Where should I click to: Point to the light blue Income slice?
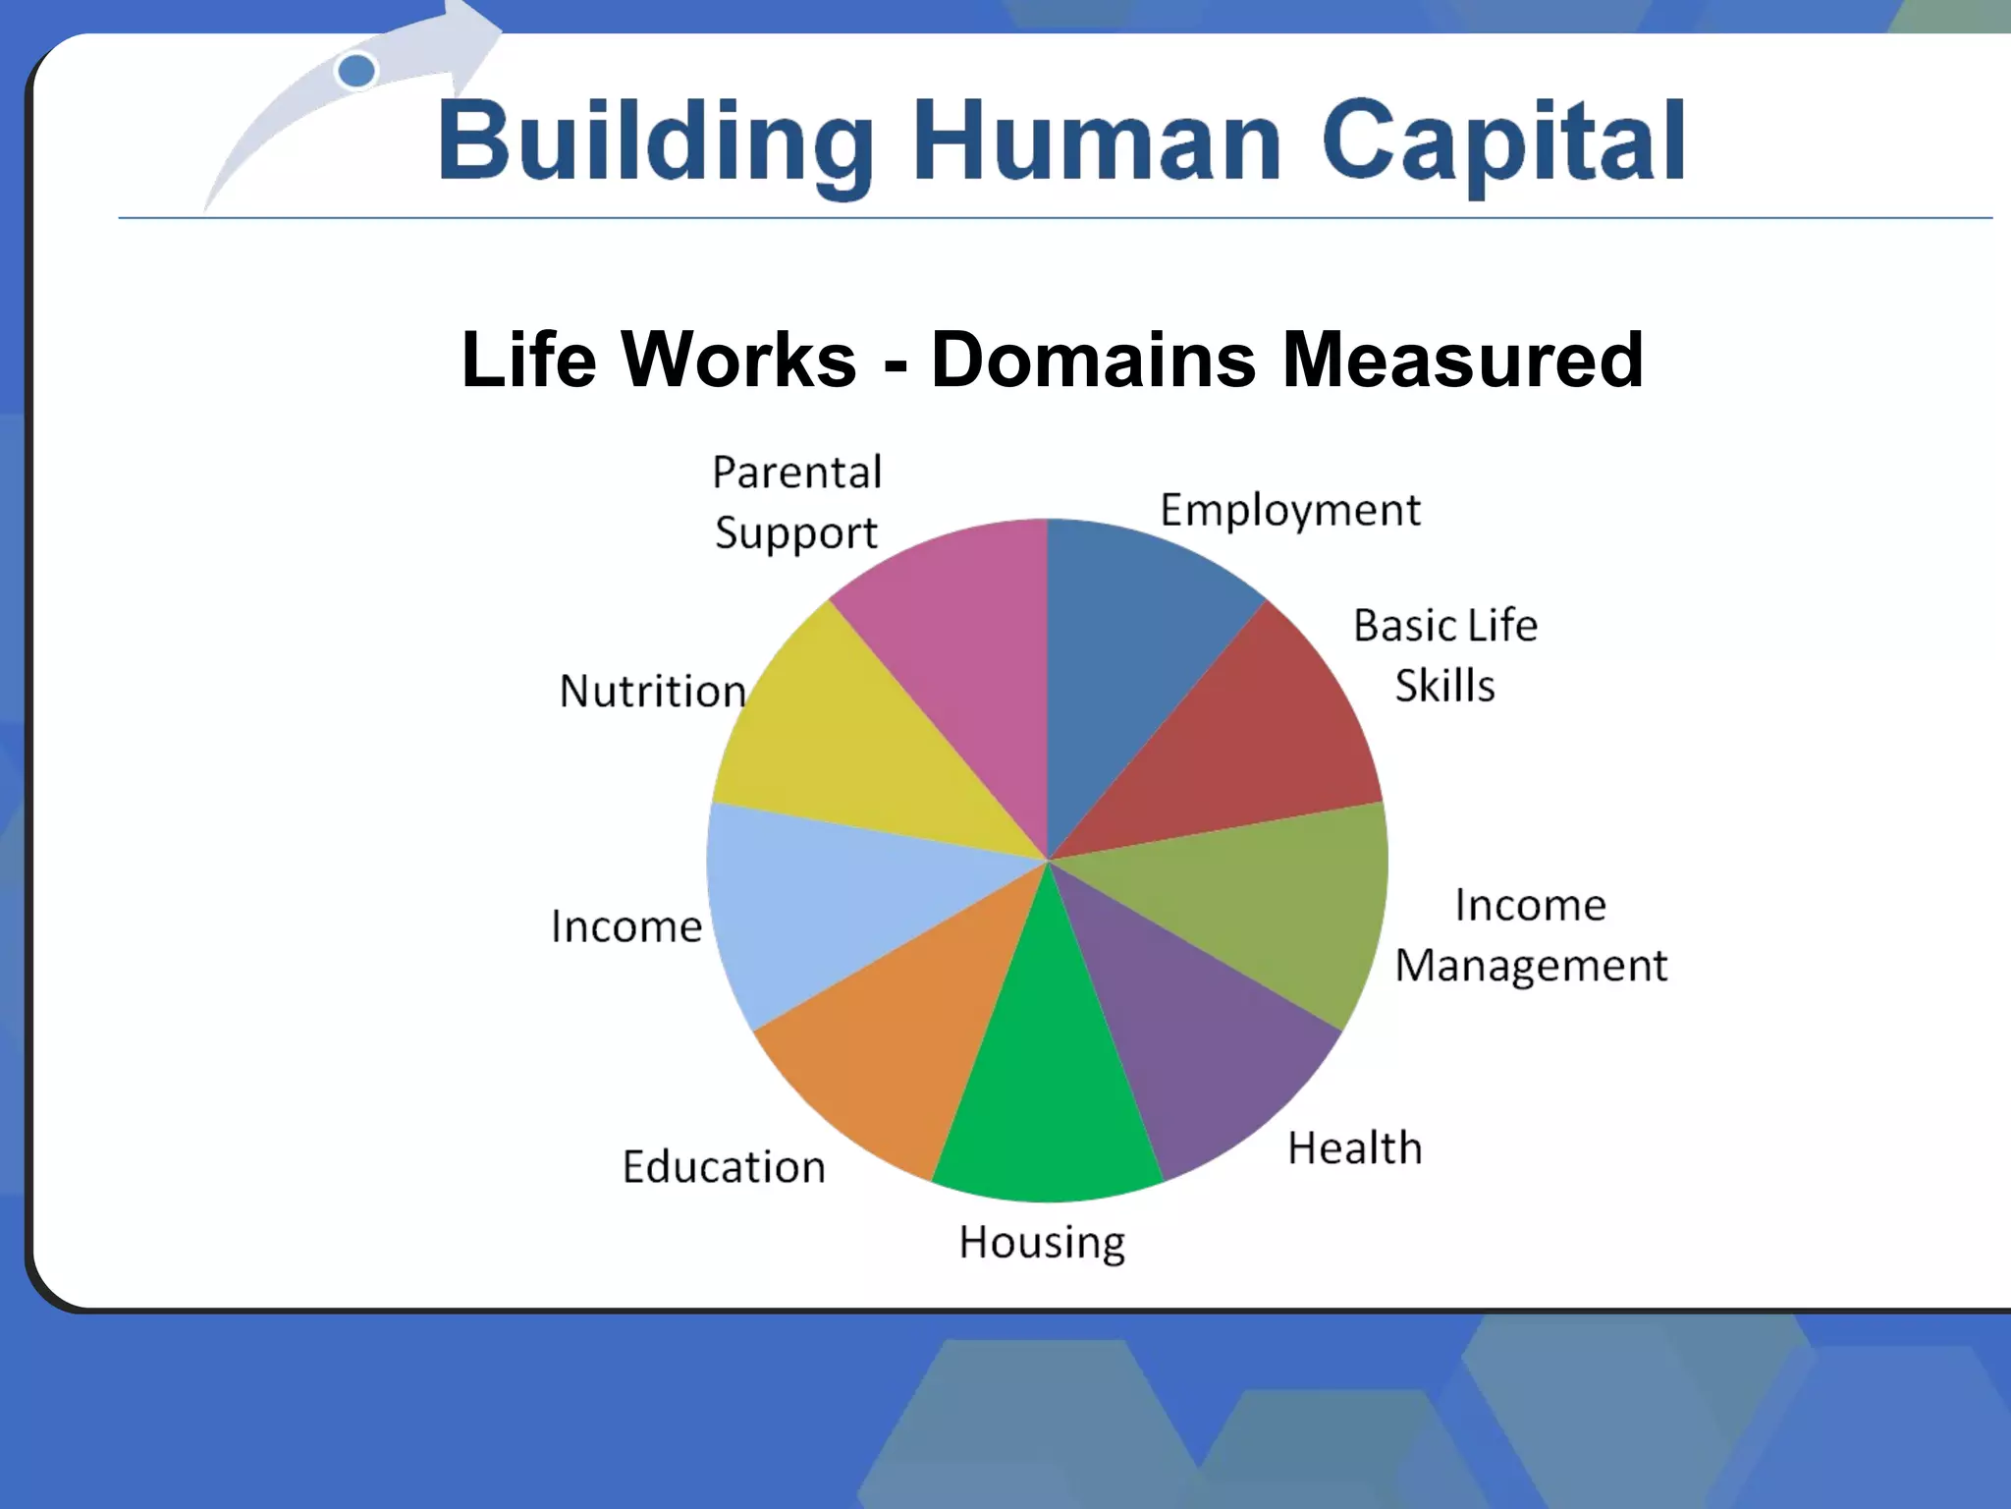point(815,904)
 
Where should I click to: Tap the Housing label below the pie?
point(1042,1244)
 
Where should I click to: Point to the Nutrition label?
point(653,692)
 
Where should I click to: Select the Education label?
point(724,1167)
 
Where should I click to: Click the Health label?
point(1354,1148)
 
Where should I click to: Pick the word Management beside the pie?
point(1531,967)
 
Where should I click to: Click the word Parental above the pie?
point(796,473)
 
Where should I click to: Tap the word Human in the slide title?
point(1097,142)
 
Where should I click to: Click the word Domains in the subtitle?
point(1094,360)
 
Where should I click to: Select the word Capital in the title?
point(1503,142)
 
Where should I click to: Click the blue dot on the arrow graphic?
point(356,71)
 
